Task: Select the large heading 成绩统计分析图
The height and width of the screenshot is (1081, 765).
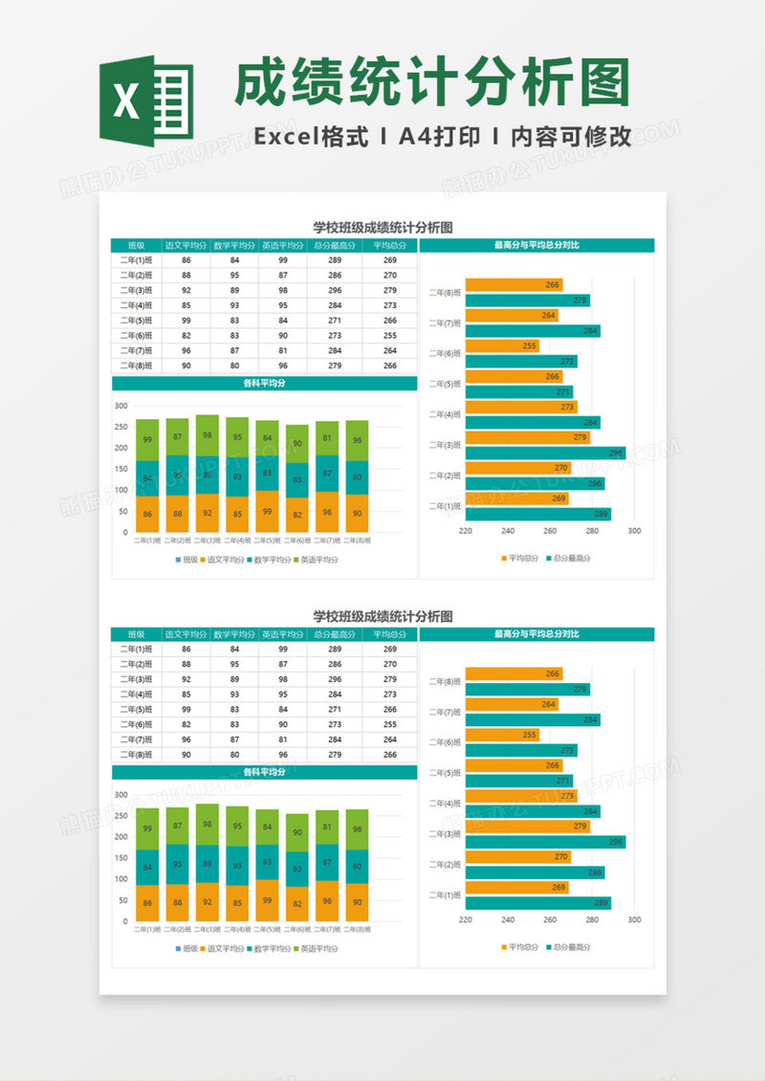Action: click(432, 83)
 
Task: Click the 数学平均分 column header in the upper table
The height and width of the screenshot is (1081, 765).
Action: click(234, 245)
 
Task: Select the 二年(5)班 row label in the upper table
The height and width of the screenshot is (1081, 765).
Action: click(137, 320)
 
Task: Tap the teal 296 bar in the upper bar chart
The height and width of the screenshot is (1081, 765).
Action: click(545, 452)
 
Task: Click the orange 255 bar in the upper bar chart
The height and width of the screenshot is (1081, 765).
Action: click(502, 345)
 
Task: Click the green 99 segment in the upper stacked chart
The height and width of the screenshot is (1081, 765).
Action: click(147, 440)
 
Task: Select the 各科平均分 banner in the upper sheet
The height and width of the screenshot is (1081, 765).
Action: click(265, 384)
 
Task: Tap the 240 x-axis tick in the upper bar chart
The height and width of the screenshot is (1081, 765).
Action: click(508, 531)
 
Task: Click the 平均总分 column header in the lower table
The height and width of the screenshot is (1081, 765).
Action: click(389, 634)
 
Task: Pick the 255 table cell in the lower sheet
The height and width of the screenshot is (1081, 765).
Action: click(389, 724)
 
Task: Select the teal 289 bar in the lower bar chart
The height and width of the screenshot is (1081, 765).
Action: click(537, 903)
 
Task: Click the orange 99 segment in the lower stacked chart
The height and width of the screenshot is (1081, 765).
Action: click(268, 900)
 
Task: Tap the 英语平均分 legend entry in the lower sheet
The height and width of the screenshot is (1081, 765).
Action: click(316, 949)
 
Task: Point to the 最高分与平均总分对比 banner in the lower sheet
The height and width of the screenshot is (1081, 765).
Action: click(536, 634)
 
